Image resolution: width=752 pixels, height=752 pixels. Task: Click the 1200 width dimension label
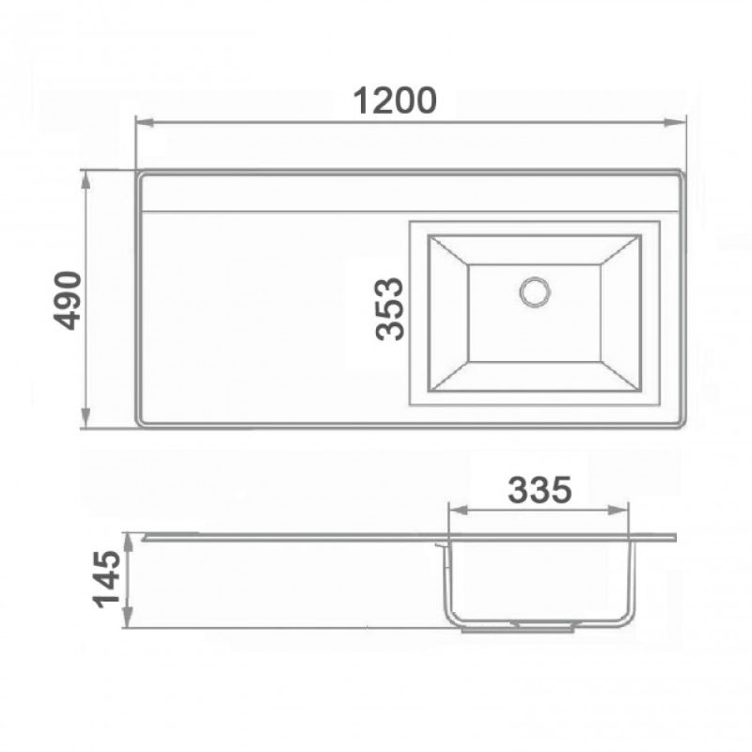(395, 100)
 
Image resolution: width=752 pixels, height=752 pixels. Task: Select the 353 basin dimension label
(388, 308)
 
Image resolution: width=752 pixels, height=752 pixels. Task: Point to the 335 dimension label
(539, 490)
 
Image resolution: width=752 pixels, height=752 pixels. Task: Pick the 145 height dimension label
(107, 579)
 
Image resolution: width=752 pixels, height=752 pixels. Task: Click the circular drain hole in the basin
(535, 290)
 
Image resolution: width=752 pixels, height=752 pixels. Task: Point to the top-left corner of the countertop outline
(139, 173)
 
